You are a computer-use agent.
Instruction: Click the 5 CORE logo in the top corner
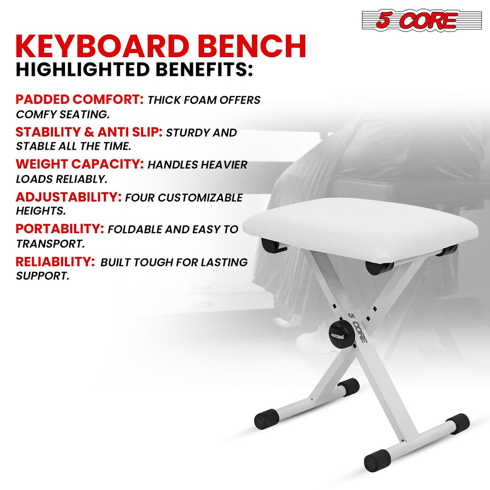coord(422,20)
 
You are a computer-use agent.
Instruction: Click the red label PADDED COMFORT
coord(80,99)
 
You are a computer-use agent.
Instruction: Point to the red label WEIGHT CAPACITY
coord(80,164)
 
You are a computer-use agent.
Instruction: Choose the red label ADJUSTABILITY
coord(69,197)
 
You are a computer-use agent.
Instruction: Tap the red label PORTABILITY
coord(60,229)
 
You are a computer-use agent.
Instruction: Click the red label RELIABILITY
coord(55,262)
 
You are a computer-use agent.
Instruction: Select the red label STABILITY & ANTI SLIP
coord(89,132)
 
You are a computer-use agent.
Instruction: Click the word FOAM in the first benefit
coord(205,100)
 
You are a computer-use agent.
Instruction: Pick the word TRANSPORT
coord(50,244)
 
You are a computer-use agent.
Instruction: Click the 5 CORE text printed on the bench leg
coord(358,328)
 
